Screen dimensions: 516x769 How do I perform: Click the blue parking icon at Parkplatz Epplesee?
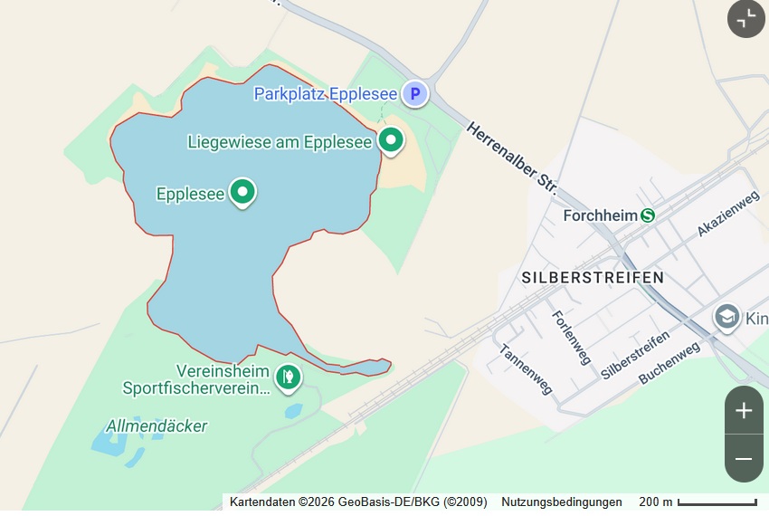[415, 93]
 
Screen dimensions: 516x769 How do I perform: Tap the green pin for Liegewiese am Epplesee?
[391, 140]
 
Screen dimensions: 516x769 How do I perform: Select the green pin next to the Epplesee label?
[242, 192]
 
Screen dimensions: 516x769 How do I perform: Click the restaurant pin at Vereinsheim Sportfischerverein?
[288, 376]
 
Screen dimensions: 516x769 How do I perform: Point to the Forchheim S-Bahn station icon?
[648, 215]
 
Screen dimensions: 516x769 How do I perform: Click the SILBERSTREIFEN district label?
[593, 278]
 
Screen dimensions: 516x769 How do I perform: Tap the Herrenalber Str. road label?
[512, 156]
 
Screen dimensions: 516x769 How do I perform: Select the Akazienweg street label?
[727, 215]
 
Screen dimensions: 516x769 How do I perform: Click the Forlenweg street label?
[571, 337]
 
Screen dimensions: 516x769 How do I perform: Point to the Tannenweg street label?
[525, 369]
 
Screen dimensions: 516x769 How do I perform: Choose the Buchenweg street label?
[669, 363]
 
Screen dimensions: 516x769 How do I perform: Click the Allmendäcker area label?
[157, 425]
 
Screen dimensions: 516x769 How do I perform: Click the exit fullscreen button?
[746, 19]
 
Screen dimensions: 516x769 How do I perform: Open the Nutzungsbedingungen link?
[562, 502]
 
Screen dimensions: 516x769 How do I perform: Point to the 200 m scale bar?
[716, 502]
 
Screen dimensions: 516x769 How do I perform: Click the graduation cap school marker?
[726, 318]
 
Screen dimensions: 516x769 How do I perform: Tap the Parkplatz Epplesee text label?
[326, 93]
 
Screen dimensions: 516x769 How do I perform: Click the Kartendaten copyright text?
[358, 502]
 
